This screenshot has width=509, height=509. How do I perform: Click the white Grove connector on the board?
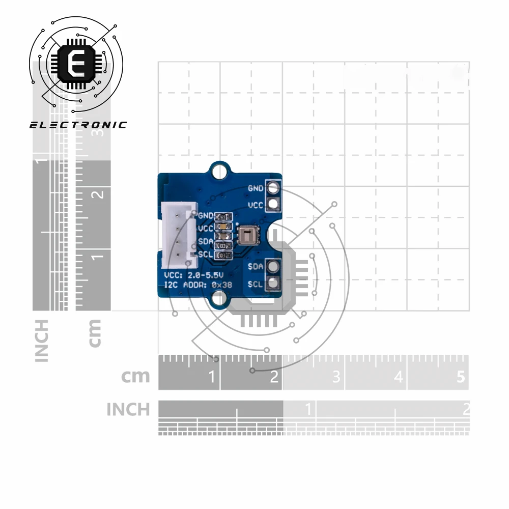[178, 235]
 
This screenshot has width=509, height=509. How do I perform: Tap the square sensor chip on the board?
[247, 236]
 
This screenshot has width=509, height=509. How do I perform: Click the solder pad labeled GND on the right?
[273, 188]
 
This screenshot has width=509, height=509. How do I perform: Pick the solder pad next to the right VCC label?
[273, 205]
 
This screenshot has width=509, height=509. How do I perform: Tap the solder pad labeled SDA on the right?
[273, 266]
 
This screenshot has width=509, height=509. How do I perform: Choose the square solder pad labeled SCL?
[273, 283]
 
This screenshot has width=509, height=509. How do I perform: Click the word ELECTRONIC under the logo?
[78, 125]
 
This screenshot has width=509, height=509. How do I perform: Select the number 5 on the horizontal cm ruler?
[461, 377]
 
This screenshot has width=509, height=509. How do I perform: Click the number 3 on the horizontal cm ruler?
[336, 377]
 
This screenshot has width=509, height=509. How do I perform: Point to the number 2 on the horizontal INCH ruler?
[465, 409]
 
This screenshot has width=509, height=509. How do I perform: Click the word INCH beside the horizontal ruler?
[128, 409]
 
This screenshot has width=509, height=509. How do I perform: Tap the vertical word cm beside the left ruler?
[95, 333]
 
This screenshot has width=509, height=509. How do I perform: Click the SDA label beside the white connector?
[206, 241]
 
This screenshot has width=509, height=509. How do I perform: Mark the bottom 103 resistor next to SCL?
[223, 254]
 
